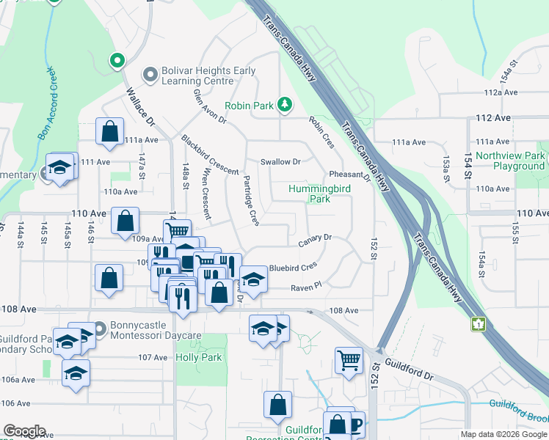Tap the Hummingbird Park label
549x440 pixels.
coord(319,194)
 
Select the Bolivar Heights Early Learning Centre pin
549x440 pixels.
coord(150,76)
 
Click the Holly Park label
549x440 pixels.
coord(198,358)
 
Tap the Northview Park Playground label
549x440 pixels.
coord(510,161)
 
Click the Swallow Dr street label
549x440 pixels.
coord(280,161)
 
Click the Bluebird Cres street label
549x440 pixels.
coord(293,268)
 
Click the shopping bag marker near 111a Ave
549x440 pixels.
coord(109,132)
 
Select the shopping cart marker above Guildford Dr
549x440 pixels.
coord(349,359)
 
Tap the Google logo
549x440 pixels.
coord(25,431)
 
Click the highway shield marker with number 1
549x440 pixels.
coord(479,323)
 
